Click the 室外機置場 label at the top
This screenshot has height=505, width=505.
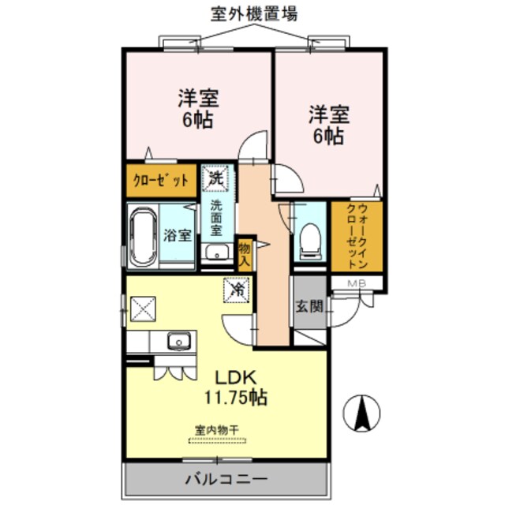[x=253, y=13]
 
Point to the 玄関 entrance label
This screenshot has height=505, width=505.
[x=309, y=305]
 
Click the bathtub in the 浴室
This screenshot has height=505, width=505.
[x=144, y=234]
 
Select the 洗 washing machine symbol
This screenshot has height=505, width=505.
[x=215, y=178]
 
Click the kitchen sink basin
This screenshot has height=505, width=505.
[x=180, y=342]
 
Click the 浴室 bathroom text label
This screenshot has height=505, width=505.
[x=178, y=234]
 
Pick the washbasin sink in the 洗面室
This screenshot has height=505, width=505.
[x=214, y=254]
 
